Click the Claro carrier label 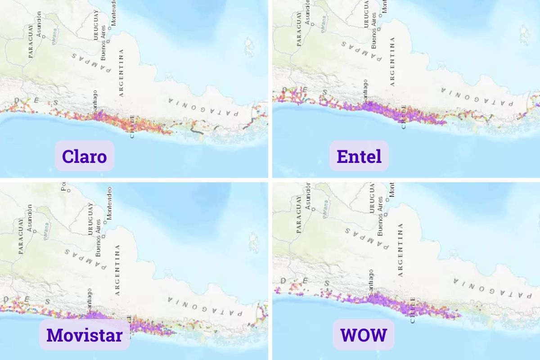[84, 156]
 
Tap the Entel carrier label [359, 156]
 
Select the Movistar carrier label [84, 335]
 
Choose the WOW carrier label [363, 335]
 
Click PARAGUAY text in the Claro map [31, 41]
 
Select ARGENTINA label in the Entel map [392, 62]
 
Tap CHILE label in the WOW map [412, 310]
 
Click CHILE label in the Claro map [132, 126]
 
